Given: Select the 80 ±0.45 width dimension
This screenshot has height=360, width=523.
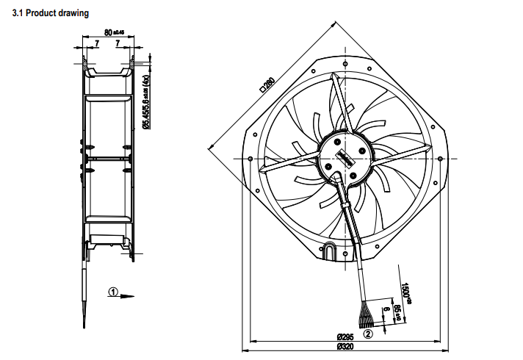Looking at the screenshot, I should [x=114, y=32].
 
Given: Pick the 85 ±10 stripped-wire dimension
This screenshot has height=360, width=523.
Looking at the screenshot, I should [x=398, y=312].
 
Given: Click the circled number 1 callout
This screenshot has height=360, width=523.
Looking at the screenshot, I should [x=112, y=291].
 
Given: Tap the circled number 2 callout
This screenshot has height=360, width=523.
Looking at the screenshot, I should [x=368, y=333].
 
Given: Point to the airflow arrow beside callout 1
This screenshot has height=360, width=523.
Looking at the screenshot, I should [x=128, y=296].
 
